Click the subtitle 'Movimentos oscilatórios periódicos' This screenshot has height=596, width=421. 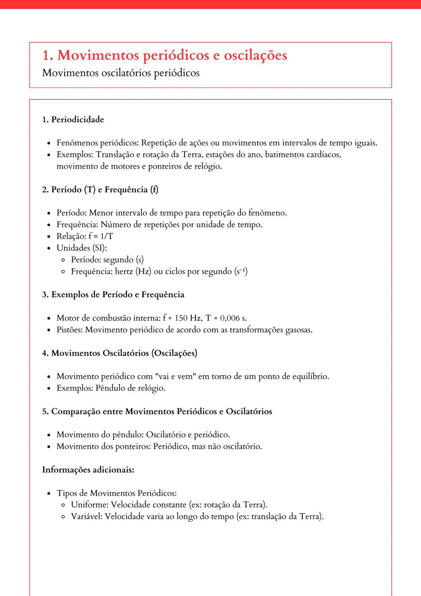point(121,73)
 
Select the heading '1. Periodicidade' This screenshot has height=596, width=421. point(73,119)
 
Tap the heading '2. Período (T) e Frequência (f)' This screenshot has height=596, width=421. point(100,190)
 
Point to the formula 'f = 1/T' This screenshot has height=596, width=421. point(101,236)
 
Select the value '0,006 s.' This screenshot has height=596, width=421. point(233,318)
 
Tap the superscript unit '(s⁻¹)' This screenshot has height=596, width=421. point(241,271)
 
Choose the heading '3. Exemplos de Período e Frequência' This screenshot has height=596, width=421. point(113,294)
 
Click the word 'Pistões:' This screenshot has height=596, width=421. point(70,330)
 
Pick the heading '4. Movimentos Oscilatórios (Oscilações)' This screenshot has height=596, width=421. point(120,353)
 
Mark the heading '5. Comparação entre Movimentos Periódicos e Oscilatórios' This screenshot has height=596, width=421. point(157,412)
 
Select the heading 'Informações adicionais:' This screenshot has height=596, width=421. point(88,470)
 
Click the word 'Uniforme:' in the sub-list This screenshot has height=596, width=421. point(90,505)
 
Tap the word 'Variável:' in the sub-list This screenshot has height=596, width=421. point(87,516)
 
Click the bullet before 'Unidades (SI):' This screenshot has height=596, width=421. point(49,248)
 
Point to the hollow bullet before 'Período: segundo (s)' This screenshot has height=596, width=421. point(63,260)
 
